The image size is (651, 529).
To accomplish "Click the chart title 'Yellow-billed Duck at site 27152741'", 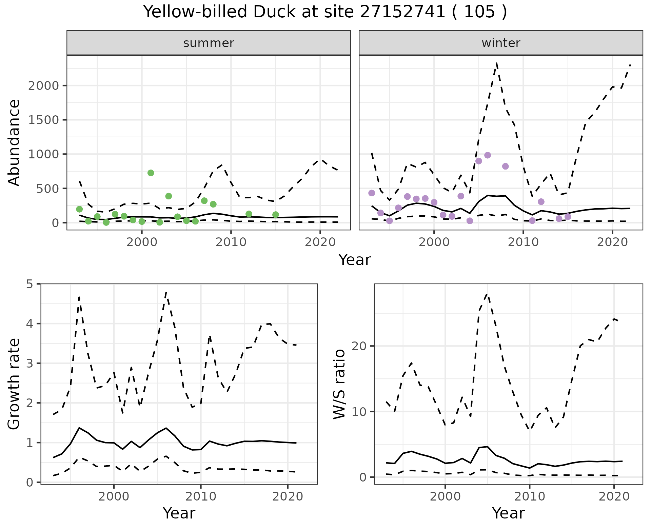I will (x=325, y=12).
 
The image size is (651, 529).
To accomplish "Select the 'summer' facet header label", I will (x=209, y=43).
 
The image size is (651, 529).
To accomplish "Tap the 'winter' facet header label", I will (x=501, y=43).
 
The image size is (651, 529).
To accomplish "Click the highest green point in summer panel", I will (x=151, y=173).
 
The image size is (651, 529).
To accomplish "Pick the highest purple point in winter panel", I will (x=488, y=155).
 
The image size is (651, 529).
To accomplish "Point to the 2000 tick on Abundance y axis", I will (x=44, y=86).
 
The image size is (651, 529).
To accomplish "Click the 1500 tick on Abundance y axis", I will (x=44, y=120).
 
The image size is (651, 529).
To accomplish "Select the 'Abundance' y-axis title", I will (x=14, y=142).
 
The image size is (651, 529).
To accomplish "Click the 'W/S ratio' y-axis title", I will (x=339, y=384).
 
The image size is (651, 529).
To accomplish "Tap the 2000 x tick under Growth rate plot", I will (x=114, y=497).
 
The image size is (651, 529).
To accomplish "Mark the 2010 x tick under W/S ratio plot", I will (x=529, y=497).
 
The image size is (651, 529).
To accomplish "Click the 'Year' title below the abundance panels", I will (x=355, y=260).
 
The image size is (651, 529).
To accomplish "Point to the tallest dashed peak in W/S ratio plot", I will (x=487, y=294).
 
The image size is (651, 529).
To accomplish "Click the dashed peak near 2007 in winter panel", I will (x=496, y=63).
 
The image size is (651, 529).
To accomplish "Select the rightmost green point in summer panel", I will (x=275, y=215).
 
